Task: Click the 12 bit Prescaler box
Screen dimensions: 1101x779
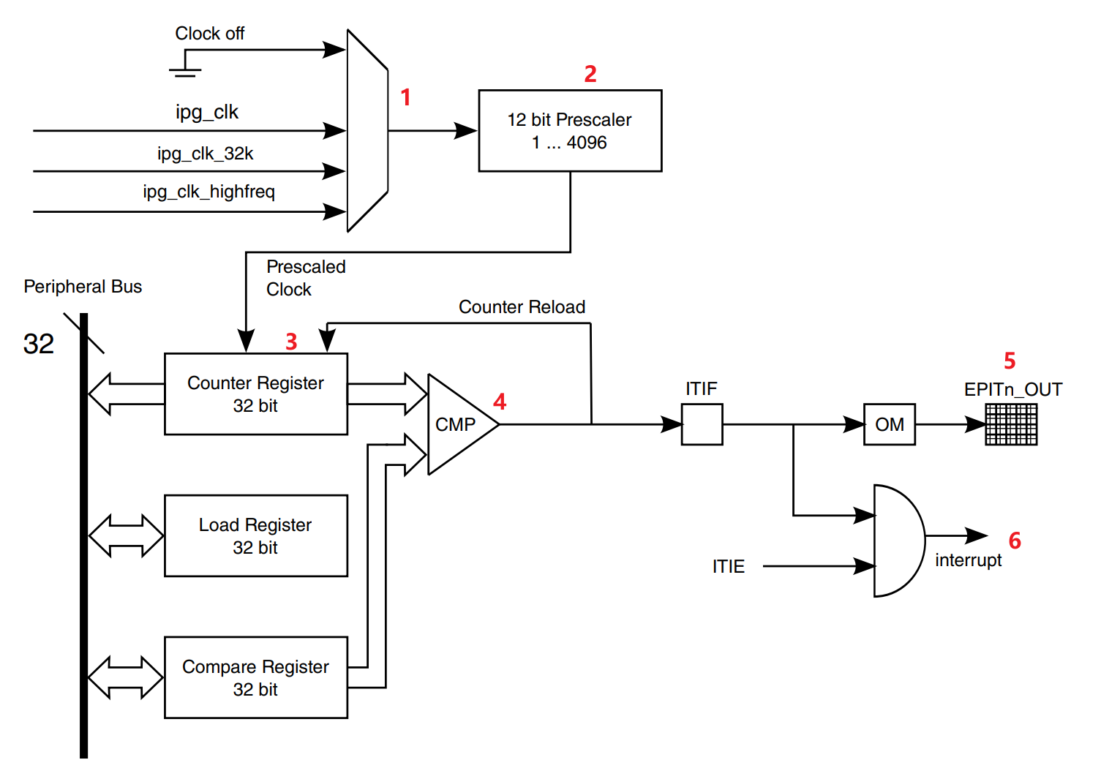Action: click(570, 131)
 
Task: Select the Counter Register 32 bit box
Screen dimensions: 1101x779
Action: click(256, 394)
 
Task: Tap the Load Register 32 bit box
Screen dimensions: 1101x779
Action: click(256, 535)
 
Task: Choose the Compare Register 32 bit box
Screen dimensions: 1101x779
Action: click(256, 677)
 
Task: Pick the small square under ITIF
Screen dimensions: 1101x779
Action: click(702, 425)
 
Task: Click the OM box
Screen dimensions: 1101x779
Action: click(890, 425)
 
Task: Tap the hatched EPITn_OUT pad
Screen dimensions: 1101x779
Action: click(1012, 425)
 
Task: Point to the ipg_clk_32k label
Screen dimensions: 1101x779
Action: click(205, 154)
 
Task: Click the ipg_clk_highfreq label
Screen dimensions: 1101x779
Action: click(209, 192)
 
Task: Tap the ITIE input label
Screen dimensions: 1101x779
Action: click(729, 567)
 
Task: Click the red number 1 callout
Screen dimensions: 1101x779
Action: click(405, 97)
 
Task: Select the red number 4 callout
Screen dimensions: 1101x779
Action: click(500, 402)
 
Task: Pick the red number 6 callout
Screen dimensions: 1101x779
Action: click(1015, 541)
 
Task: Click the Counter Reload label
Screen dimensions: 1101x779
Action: click(522, 307)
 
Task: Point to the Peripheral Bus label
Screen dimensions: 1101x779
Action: click(83, 287)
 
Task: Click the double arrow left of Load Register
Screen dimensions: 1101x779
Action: click(126, 535)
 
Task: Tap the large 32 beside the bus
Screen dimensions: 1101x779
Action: click(38, 344)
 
